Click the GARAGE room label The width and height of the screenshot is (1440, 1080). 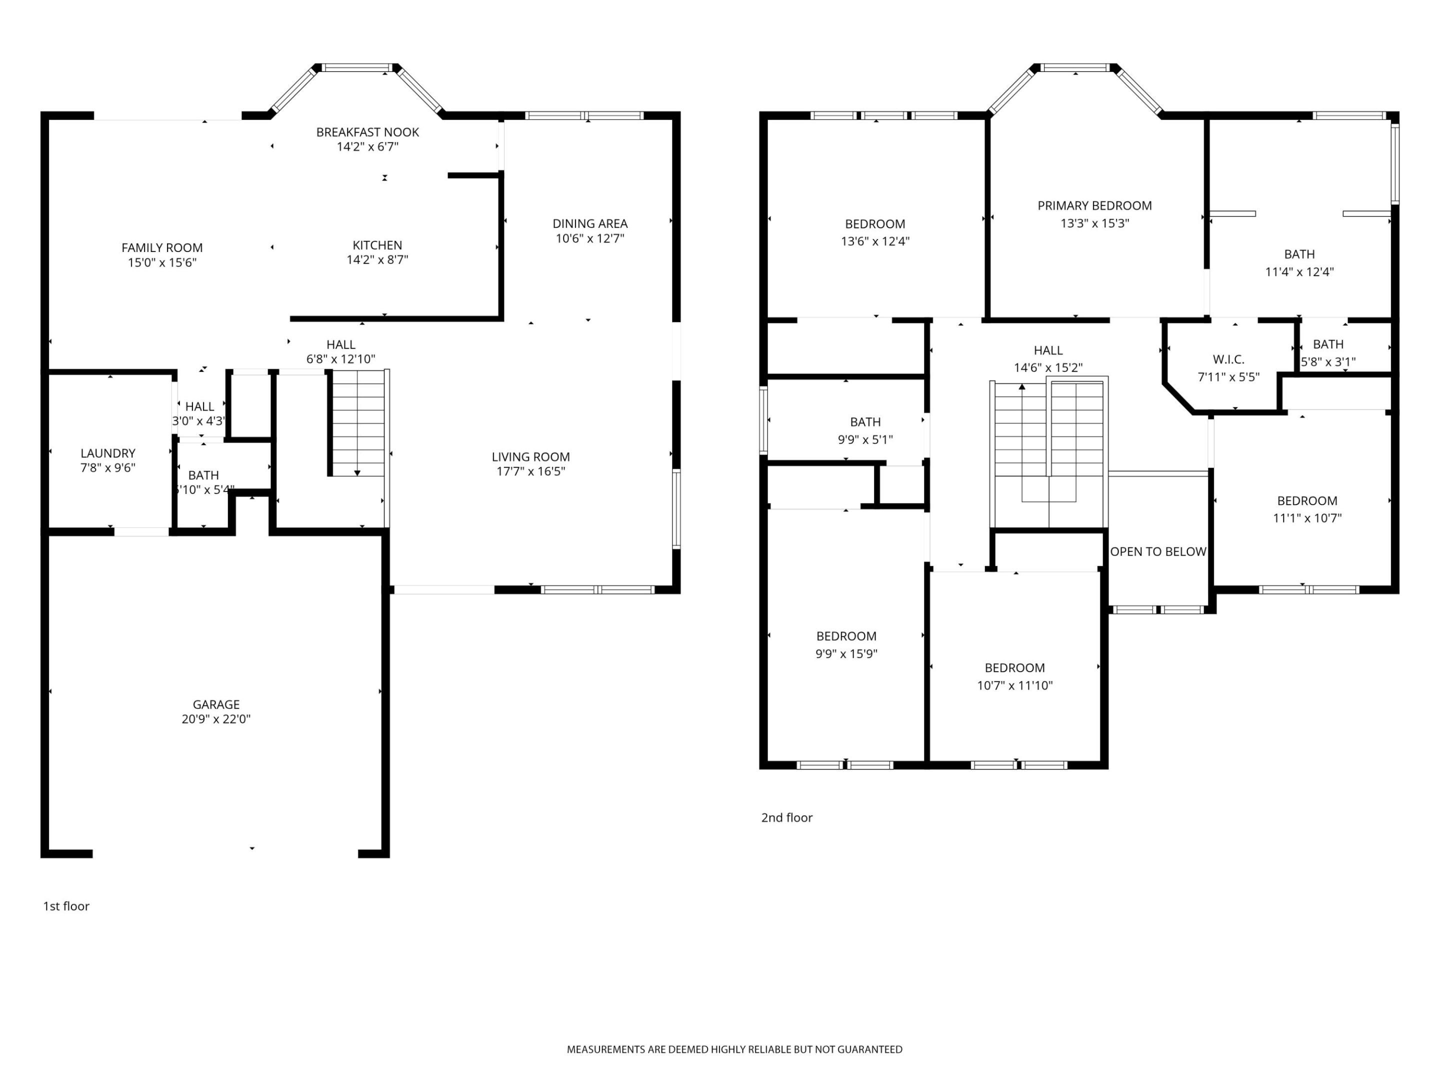(x=216, y=704)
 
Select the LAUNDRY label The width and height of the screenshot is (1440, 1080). (x=107, y=453)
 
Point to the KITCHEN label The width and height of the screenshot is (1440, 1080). (x=377, y=245)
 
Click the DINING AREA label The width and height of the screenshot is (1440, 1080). (x=590, y=224)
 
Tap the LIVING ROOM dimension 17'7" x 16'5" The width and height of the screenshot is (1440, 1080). (x=530, y=471)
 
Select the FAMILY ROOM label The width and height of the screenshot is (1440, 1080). (x=161, y=248)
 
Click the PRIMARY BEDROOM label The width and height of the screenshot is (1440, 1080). (x=1094, y=205)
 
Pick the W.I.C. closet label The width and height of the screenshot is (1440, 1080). (x=1228, y=359)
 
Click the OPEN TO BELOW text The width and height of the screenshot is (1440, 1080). (x=1158, y=551)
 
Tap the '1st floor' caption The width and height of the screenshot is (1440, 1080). (x=66, y=906)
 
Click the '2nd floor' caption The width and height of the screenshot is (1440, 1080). (x=786, y=817)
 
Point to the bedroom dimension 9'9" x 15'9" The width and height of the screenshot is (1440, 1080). (x=846, y=653)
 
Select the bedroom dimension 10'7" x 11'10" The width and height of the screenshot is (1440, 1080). (x=1014, y=685)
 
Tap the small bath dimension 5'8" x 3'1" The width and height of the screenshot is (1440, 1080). (x=1328, y=361)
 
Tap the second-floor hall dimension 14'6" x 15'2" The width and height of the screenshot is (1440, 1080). (x=1048, y=368)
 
